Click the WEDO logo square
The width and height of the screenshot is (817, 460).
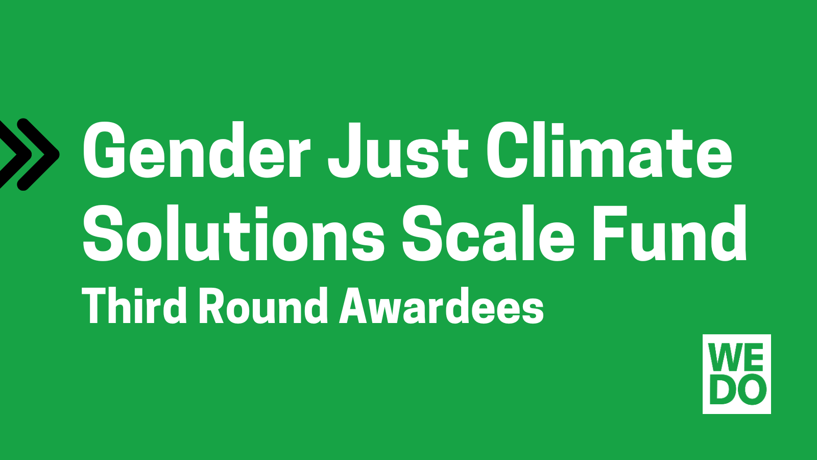pos(737,374)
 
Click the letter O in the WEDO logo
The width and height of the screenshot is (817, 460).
pos(751,389)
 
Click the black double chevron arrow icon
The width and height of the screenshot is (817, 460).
pos(28,154)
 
